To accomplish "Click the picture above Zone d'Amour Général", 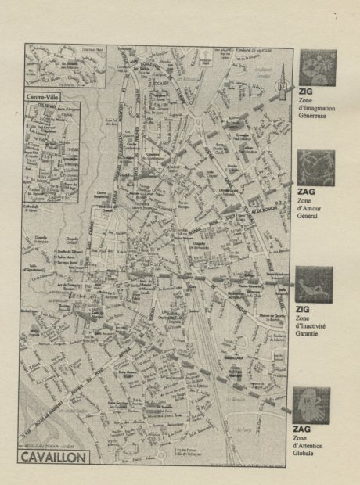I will click(317, 167).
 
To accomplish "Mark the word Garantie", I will click(311, 336).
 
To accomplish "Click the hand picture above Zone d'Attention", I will click(311, 404).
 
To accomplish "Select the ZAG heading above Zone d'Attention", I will click(302, 429).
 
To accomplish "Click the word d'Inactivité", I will click(313, 327).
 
